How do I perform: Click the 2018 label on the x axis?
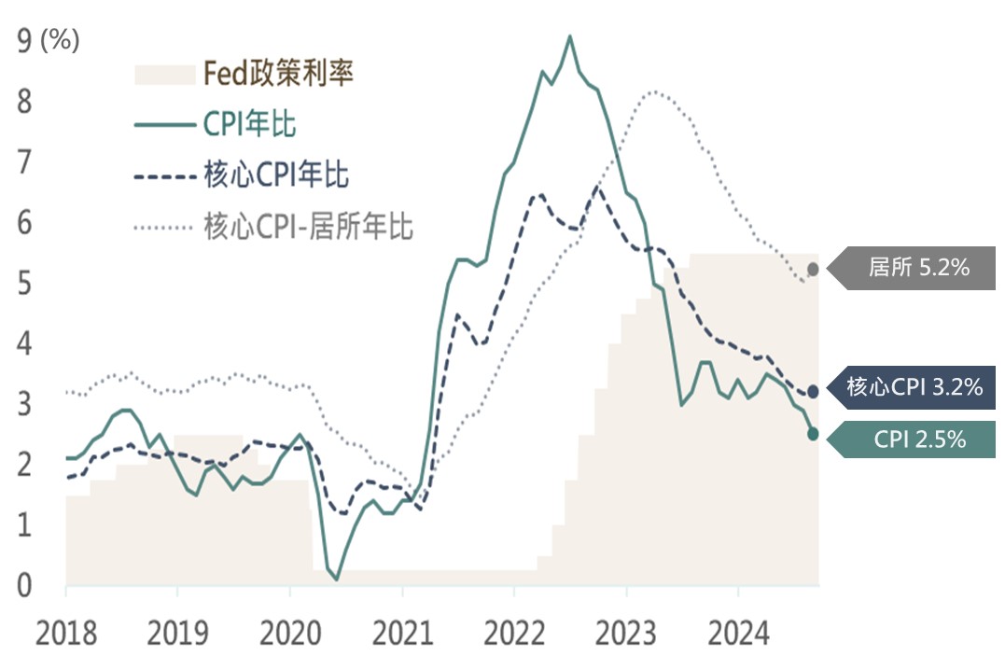[66, 635]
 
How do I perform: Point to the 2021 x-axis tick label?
[402, 635]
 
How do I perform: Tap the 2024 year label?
[738, 635]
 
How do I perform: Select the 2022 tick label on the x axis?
[514, 635]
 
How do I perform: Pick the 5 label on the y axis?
[25, 283]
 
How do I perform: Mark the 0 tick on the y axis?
[25, 586]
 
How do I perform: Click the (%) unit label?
[61, 41]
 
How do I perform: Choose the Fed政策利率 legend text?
[279, 74]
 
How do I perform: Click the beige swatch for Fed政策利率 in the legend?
[165, 75]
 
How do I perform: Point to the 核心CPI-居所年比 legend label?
[307, 225]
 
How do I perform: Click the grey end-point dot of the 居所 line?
[813, 269]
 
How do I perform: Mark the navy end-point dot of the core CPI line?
[813, 392]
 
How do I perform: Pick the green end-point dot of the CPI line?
[813, 434]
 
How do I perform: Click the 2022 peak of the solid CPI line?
[570, 36]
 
